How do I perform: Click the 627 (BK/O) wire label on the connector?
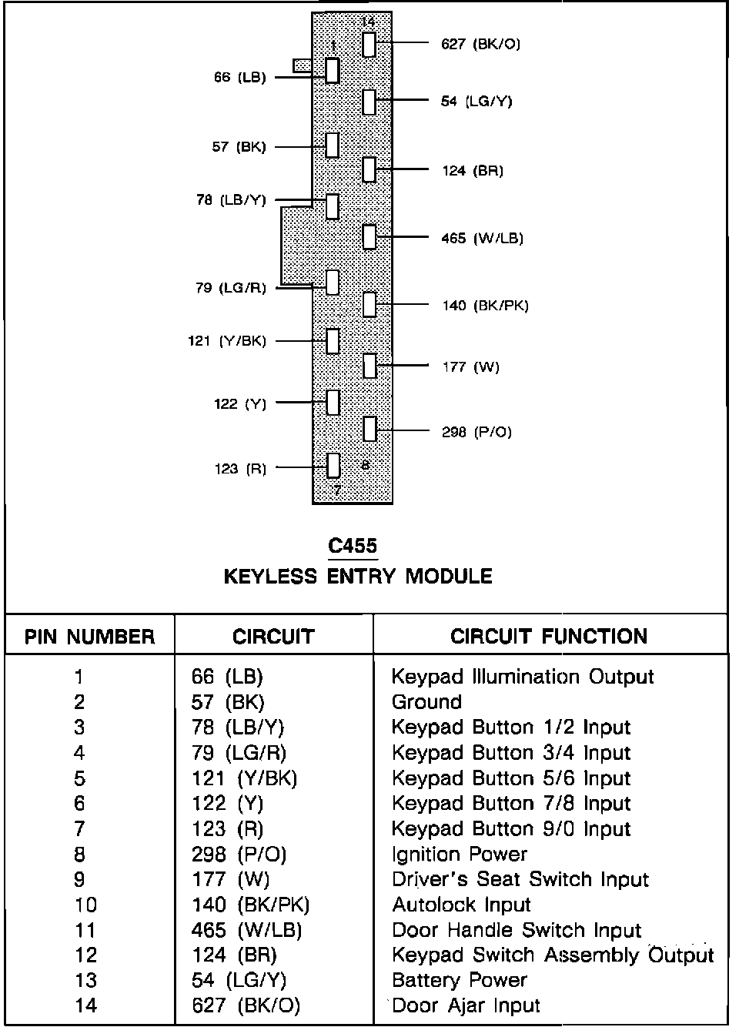480,44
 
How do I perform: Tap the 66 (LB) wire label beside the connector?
239,77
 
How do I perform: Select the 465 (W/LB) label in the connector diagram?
482,238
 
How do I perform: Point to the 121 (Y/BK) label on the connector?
226,340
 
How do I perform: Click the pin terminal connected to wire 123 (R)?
333,465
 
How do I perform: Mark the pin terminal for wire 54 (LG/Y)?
369,101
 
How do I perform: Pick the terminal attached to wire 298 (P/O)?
369,429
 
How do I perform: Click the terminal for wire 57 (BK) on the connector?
333,144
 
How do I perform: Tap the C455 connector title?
353,546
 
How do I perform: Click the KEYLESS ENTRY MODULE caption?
358,576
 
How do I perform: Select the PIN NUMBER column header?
89,637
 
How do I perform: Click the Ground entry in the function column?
426,702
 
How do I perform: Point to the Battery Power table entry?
459,980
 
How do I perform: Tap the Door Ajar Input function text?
466,1005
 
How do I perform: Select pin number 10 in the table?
85,905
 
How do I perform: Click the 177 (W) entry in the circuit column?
230,879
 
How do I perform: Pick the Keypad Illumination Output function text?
523,677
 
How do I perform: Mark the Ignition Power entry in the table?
459,854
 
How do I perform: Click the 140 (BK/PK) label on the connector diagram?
485,306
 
